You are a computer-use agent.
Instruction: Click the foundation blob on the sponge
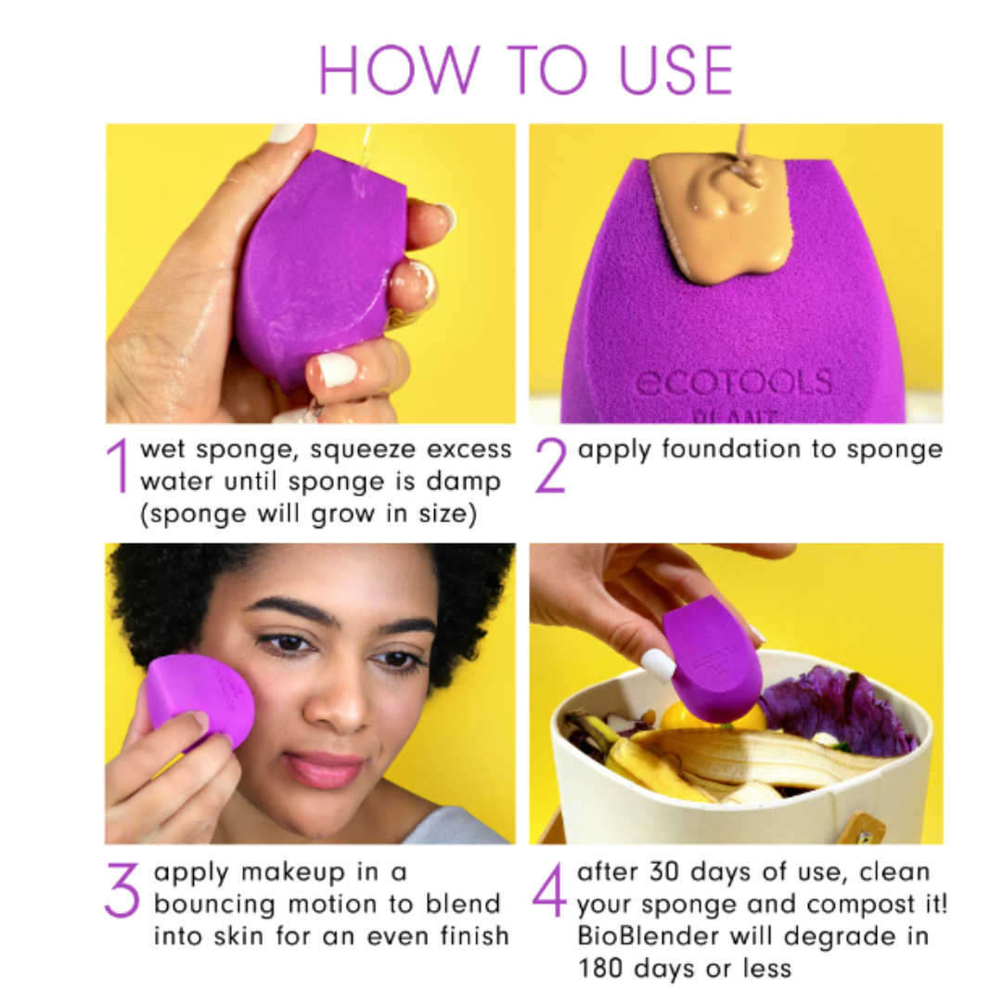[722, 218]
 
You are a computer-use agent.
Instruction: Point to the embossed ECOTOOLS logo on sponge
[733, 382]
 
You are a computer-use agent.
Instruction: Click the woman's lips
[325, 768]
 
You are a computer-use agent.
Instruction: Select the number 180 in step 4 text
[605, 970]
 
